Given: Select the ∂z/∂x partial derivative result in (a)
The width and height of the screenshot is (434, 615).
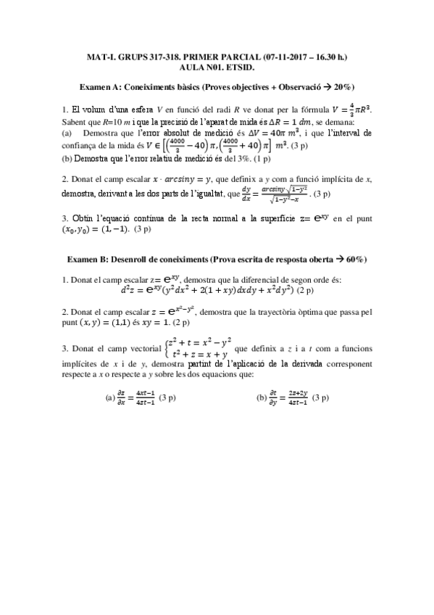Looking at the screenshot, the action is pos(135,397).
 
